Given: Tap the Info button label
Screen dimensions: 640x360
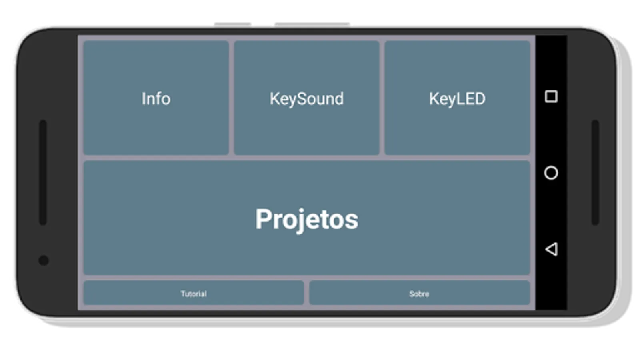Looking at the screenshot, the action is (x=156, y=98).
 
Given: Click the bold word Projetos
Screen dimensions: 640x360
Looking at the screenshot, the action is (x=306, y=220).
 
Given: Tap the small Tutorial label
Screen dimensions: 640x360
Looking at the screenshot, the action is (x=194, y=294).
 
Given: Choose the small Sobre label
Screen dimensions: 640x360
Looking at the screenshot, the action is (x=419, y=294).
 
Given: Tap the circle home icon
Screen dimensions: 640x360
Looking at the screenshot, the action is (x=551, y=173).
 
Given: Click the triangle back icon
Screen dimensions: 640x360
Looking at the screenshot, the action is (x=552, y=250).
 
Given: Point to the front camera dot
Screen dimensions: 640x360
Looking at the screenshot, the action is (x=44, y=260).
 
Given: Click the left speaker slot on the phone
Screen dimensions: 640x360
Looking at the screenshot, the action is (x=43, y=172).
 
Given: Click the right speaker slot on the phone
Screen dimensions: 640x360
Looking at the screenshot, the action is (x=595, y=172).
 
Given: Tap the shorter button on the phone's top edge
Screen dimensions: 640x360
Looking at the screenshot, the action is (x=232, y=24).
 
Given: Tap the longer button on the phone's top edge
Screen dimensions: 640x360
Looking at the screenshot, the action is (x=312, y=24).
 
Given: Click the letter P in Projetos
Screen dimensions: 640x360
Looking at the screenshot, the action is (x=263, y=219).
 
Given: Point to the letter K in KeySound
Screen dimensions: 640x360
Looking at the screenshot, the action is (x=275, y=99).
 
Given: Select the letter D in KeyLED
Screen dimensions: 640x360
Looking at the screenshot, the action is (x=480, y=99).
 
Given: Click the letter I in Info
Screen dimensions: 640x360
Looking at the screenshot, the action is (x=143, y=99).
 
